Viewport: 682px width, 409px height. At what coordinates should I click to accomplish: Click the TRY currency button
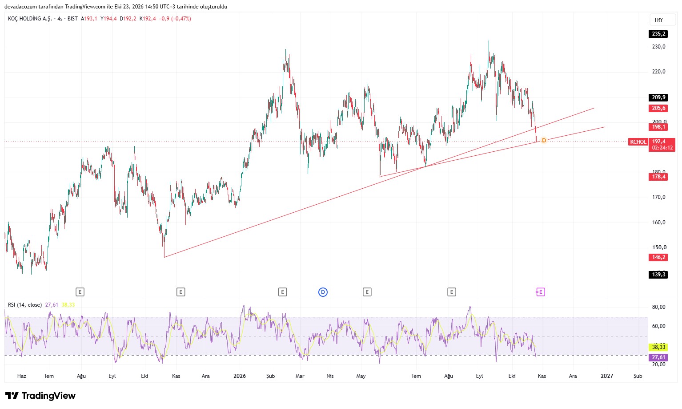(658, 20)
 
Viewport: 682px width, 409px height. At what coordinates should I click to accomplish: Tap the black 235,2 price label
(658, 34)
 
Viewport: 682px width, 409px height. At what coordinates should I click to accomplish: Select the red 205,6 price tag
(658, 108)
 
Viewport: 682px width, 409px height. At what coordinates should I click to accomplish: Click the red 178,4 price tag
(658, 177)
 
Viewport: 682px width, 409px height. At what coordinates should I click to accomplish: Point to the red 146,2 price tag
(658, 257)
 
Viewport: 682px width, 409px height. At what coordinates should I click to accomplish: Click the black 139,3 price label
(658, 275)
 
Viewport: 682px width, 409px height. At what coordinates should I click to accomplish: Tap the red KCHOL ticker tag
(638, 142)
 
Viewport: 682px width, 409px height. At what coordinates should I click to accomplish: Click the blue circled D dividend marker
(323, 292)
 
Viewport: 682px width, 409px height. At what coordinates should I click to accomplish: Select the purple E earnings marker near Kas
(540, 292)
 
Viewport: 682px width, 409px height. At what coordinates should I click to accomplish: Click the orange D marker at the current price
(544, 141)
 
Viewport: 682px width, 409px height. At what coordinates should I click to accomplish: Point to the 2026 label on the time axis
(240, 376)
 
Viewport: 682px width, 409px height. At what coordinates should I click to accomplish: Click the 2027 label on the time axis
(607, 376)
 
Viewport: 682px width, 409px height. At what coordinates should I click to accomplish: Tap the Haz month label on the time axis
(22, 376)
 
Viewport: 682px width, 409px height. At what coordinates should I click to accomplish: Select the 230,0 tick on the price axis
(658, 47)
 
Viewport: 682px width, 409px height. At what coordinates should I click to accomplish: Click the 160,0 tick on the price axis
(658, 223)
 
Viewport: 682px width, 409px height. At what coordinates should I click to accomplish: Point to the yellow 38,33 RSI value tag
(658, 347)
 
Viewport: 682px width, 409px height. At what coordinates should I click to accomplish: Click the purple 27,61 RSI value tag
(658, 357)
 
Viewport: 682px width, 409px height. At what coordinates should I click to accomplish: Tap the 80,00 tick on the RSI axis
(658, 307)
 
